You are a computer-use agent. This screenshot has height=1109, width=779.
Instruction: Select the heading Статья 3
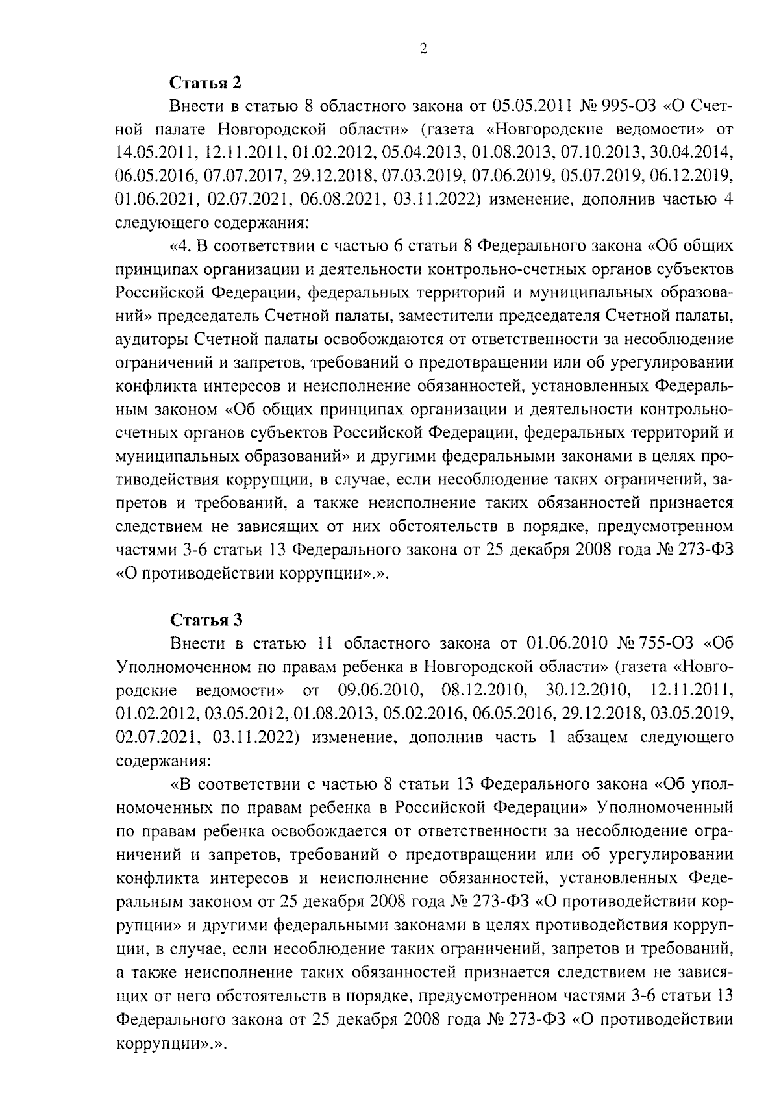point(205,620)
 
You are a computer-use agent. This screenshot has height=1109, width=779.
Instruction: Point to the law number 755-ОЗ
point(663,643)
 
